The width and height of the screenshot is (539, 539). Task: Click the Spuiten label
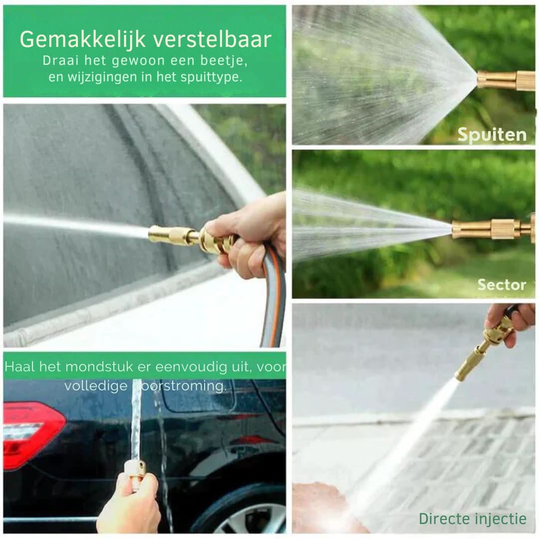point(492,135)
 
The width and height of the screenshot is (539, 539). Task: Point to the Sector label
point(502,285)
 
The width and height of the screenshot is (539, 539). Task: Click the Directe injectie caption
point(472,519)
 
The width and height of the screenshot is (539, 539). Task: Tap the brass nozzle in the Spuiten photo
point(505,80)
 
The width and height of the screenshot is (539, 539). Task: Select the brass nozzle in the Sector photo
point(492,229)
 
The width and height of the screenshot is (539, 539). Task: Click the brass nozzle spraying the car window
point(175,235)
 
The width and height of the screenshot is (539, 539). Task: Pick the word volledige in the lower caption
point(96,386)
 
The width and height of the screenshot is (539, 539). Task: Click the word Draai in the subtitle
point(59,61)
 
